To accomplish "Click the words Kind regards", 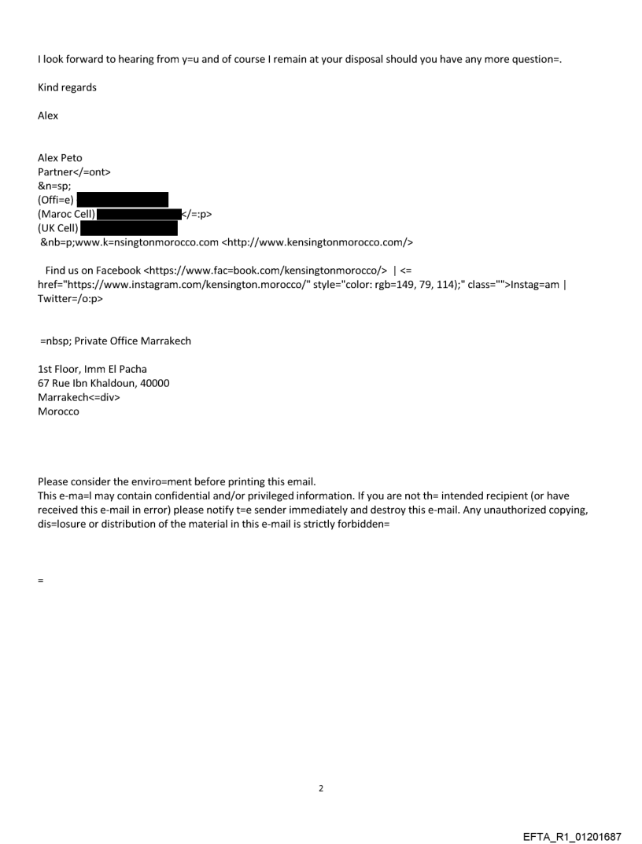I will [x=67, y=87].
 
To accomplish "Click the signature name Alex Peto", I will [x=60, y=157].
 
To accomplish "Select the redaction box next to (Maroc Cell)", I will [x=138, y=214].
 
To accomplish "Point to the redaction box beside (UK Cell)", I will [x=129, y=228].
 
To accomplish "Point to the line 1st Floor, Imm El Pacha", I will [x=92, y=369].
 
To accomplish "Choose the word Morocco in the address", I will [x=58, y=411].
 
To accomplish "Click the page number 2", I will [x=321, y=788].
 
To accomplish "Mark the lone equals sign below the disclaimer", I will [x=40, y=580].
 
